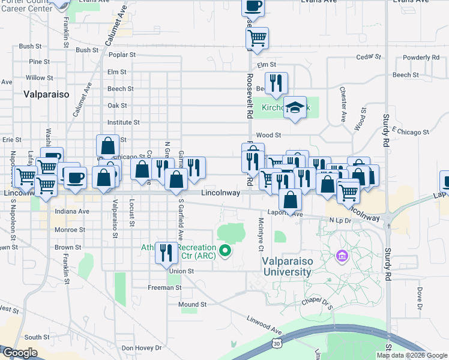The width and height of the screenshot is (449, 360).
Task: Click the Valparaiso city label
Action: [x=47, y=94]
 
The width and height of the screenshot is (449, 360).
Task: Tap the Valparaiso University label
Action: [x=286, y=266]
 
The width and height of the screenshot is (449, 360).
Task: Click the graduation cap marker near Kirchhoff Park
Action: [x=294, y=107]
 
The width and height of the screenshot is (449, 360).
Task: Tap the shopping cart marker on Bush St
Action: [x=257, y=38]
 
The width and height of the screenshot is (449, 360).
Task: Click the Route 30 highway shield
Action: [x=276, y=343]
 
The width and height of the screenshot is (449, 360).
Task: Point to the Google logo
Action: [x=20, y=353]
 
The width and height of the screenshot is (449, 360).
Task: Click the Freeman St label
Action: [x=164, y=288]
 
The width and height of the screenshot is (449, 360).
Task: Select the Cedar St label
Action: [x=369, y=57]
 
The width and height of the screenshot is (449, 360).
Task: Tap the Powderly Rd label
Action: [x=421, y=58]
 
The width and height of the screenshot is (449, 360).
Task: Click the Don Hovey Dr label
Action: [x=142, y=348]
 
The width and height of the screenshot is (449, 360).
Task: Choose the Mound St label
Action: [x=192, y=304]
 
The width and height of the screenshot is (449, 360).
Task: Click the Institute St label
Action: [x=123, y=122]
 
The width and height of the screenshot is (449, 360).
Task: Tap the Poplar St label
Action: [x=124, y=55]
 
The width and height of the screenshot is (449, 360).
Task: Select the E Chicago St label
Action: [x=411, y=130]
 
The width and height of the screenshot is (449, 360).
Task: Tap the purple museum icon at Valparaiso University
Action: [x=342, y=257]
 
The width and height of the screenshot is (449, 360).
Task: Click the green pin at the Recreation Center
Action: [x=226, y=250]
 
